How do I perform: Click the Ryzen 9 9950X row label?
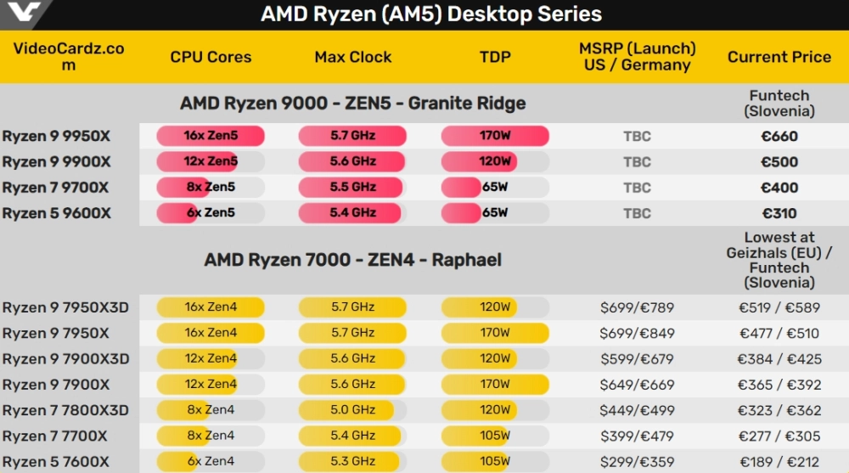point(56,136)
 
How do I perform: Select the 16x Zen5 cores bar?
point(211,136)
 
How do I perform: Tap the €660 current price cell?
point(779,136)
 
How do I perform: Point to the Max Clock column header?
point(353,57)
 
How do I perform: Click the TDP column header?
point(495,57)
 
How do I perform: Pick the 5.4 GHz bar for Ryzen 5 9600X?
point(352,213)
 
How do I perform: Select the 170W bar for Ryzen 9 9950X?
point(495,136)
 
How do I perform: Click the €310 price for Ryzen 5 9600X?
point(779,213)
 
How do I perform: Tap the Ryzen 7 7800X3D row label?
point(65,410)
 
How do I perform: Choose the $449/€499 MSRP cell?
point(637,410)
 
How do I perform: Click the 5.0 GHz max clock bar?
point(352,410)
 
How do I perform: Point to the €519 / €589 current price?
point(779,307)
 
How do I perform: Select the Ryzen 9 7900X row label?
point(56,385)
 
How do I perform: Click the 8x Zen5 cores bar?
point(211,188)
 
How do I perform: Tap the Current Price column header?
point(779,57)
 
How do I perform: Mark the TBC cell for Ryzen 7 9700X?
point(637,188)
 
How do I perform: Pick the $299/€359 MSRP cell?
point(637,462)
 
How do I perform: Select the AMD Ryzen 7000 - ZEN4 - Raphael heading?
point(352,260)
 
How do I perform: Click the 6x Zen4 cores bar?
point(211,462)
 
